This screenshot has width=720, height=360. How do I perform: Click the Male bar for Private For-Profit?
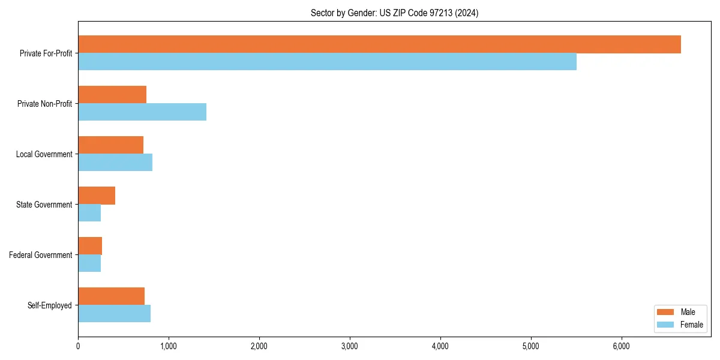(379, 44)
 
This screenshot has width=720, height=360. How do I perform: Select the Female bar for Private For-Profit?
(327, 62)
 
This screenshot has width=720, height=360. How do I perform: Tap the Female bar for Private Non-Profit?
(142, 112)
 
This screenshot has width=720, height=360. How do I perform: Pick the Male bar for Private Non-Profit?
(112, 95)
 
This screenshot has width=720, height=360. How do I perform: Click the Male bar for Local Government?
(110, 145)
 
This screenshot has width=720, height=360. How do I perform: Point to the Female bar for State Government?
(89, 213)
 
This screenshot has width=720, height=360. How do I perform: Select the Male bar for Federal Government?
(90, 246)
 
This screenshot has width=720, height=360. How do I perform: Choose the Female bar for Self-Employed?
(114, 314)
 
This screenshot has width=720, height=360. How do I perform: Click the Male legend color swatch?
(666, 312)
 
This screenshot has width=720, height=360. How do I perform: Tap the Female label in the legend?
(692, 325)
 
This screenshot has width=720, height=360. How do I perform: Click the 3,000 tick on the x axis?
(350, 346)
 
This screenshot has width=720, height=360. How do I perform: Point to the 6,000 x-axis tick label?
(622, 346)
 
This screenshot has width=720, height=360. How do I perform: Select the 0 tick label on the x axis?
(78, 346)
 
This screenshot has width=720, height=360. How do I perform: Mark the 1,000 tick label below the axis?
(169, 346)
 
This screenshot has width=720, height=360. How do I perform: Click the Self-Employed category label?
(49, 305)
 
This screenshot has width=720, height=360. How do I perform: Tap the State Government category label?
(44, 205)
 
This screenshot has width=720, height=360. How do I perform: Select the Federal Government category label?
(41, 255)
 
